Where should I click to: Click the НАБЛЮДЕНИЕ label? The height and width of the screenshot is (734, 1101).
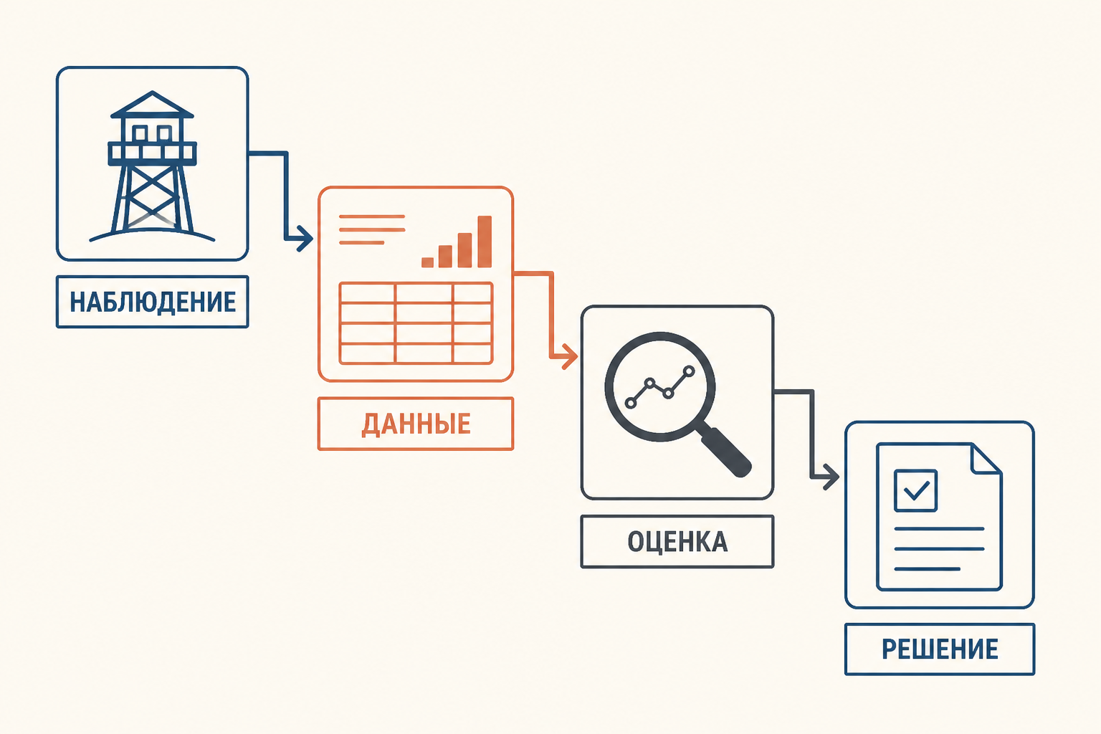(153, 302)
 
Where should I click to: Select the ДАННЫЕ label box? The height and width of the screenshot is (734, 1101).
(416, 424)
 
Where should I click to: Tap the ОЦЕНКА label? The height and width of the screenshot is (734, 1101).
(677, 542)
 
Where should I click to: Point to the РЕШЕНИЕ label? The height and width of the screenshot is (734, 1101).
(940, 649)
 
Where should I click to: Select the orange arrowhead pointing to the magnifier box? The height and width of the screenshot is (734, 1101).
(570, 356)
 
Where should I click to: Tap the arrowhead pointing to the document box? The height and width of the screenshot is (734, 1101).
(831, 477)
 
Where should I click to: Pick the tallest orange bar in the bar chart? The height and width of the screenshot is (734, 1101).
(485, 242)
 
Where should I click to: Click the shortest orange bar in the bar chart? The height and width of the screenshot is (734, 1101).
(428, 262)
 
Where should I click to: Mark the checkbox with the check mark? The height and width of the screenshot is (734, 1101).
(915, 490)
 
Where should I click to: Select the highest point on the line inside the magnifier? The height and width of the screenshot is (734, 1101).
(689, 371)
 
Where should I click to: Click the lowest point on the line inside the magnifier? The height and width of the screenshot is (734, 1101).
(631, 403)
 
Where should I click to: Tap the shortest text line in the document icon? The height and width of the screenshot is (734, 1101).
(928, 569)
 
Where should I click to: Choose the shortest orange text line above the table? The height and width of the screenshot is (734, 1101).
(362, 242)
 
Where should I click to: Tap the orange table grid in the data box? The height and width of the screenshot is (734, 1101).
(416, 323)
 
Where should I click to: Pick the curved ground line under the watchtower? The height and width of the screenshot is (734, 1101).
(153, 232)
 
